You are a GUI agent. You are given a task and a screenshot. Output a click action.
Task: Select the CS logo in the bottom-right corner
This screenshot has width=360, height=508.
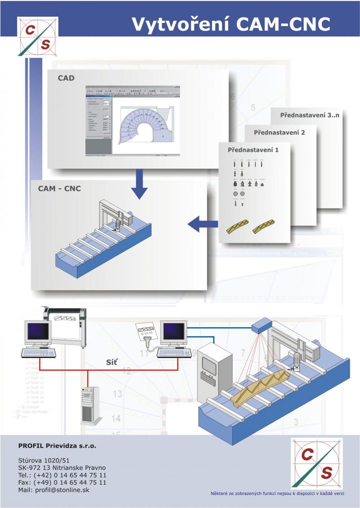tap(317, 463)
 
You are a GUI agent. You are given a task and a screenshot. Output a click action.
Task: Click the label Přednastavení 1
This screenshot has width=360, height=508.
tap(253, 149)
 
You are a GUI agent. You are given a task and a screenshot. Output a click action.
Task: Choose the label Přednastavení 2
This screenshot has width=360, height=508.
tap(279, 133)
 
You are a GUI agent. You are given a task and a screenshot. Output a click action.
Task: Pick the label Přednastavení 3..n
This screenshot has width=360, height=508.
tap(310, 115)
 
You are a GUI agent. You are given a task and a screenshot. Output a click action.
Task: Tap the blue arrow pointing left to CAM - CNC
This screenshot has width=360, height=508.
tap(200, 223)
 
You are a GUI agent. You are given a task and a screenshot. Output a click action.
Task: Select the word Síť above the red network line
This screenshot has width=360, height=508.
tap(111, 361)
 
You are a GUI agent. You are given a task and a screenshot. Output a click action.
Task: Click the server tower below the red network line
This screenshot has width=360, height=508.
tap(88, 405)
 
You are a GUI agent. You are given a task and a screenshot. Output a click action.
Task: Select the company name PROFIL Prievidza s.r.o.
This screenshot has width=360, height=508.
tap(57, 446)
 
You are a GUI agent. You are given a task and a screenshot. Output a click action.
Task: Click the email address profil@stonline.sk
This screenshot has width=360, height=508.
tap(54, 490)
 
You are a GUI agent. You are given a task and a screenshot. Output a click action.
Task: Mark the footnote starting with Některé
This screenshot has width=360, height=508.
tap(277, 494)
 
